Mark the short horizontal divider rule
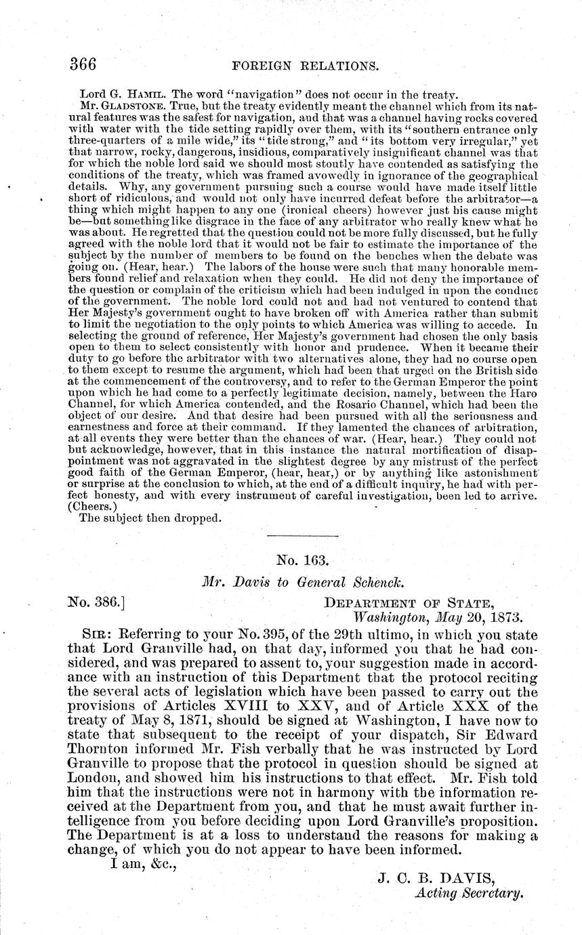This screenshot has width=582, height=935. pos(302,537)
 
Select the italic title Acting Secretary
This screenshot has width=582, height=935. pos(469,894)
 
